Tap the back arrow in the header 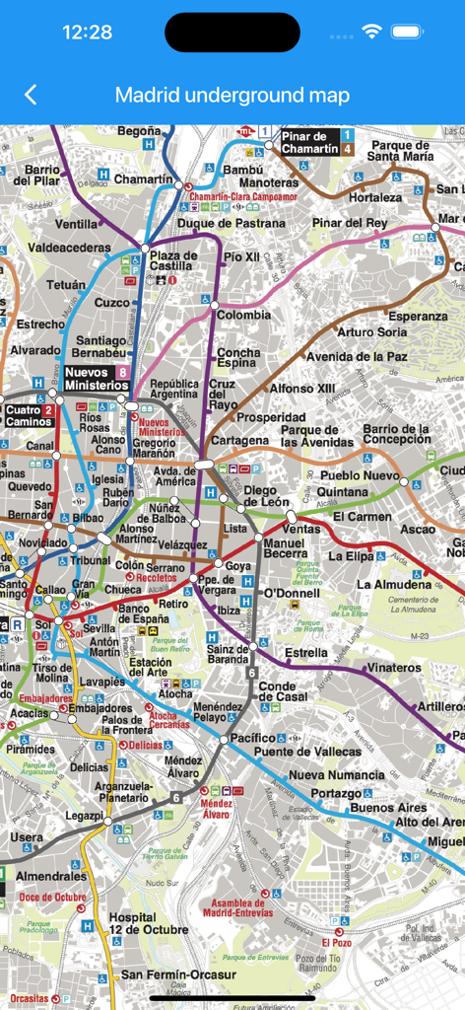(31, 95)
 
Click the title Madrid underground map (232, 95)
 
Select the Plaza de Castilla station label (172, 261)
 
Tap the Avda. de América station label (176, 475)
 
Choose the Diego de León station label (266, 497)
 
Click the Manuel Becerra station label (286, 548)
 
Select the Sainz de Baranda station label (228, 653)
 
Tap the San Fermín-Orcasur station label (178, 974)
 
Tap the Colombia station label (244, 315)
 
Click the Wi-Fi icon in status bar (371, 32)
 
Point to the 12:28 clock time (87, 32)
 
